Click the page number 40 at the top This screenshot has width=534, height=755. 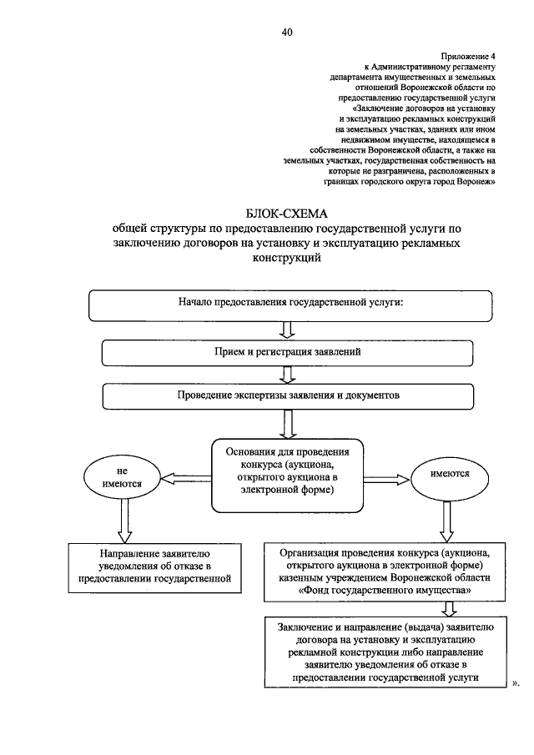click(287, 33)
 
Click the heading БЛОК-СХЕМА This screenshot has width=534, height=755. click(286, 214)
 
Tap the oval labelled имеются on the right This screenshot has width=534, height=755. click(449, 476)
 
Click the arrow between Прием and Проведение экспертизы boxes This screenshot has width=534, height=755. click(287, 374)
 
